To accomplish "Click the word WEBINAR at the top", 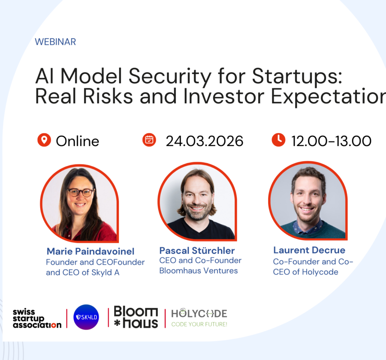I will [55, 42].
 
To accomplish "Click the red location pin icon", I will [44, 140].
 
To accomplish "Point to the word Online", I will [78, 141].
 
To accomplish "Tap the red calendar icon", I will [149, 140].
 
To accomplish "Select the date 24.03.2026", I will [205, 141].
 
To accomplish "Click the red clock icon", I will [278, 140].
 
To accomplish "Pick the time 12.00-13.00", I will [331, 141].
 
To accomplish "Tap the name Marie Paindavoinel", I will [90, 251].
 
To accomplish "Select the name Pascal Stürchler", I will [197, 250].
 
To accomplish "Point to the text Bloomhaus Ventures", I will [198, 270].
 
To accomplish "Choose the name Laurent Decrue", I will [309, 250].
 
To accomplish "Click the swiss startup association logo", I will [37, 318].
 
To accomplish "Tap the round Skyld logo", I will [86, 317].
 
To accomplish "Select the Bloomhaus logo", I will [136, 318].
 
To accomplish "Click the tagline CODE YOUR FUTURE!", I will [199, 324].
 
